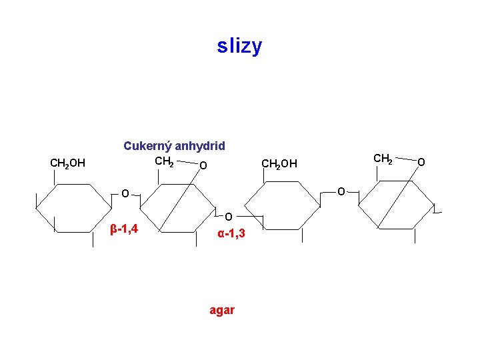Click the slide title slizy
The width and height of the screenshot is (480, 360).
point(240,46)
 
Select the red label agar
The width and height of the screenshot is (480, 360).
point(221,310)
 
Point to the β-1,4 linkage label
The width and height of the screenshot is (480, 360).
point(124,229)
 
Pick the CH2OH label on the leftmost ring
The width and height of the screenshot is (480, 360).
point(67,162)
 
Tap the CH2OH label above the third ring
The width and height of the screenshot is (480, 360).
point(279,163)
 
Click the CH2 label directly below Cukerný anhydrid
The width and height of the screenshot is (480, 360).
point(164,161)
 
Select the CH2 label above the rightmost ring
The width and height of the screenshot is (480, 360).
point(383,159)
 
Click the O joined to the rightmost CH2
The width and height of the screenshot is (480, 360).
point(421,161)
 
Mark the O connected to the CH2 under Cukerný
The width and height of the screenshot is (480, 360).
point(203,165)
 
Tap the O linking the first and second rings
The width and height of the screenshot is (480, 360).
point(125,194)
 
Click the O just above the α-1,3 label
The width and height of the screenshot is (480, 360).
point(228,217)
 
